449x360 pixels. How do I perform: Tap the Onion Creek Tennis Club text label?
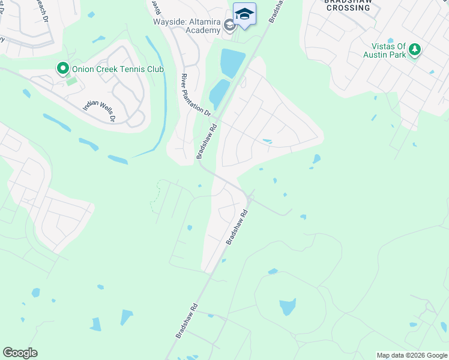coord(118,70)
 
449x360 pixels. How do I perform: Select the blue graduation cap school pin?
coord(244,14)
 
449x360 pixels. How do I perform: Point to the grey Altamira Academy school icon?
coord(229,25)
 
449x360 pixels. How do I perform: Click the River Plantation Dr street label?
coord(196,95)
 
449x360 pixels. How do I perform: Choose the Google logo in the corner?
coord(20,353)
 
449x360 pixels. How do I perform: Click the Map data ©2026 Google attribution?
coord(412,355)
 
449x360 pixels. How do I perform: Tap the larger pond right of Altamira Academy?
coord(232,62)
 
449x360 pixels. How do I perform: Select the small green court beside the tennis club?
coord(71,81)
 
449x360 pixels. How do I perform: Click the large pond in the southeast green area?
coord(288,307)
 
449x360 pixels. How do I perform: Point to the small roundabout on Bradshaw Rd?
coord(251,197)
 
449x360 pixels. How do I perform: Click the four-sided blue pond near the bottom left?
coord(127,317)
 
